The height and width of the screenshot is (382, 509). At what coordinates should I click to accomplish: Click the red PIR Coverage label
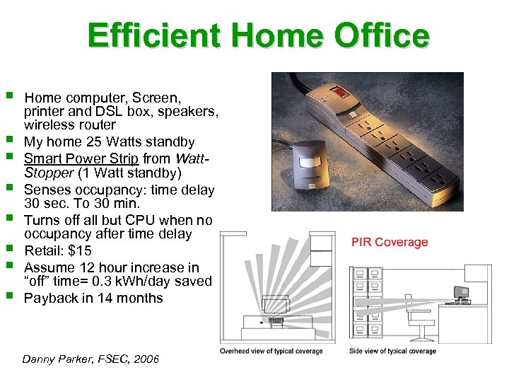click(x=390, y=243)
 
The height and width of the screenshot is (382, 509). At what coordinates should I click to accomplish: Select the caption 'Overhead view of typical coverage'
click(x=271, y=352)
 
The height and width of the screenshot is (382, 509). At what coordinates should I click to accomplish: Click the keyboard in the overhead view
click(x=275, y=320)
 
